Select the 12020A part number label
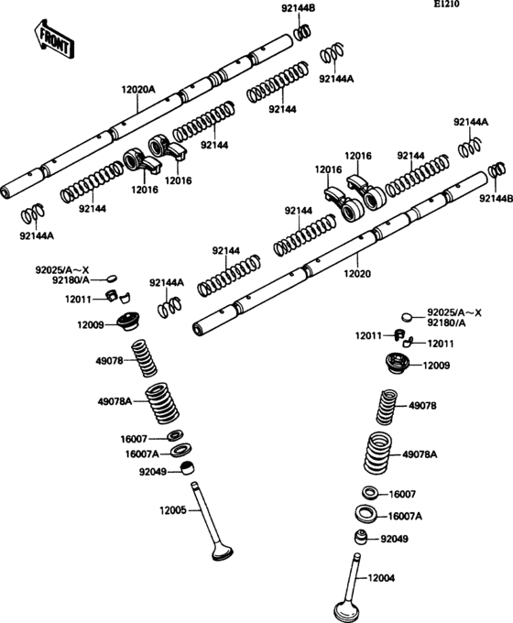pos(138,90)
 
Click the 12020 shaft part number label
pos(358,273)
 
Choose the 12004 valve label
pos(383,577)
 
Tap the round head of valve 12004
pos(348,608)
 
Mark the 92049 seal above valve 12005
pos(188,470)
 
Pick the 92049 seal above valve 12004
pos(363,538)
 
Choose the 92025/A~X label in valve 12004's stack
pos(454,313)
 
